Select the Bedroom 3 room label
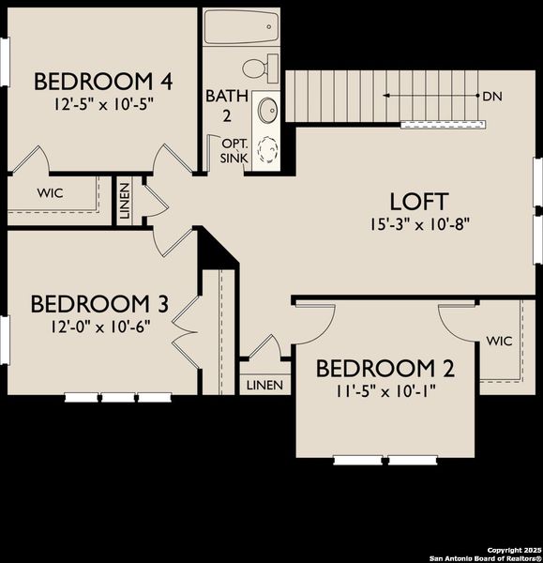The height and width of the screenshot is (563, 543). point(99,304)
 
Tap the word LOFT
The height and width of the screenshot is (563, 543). point(419,201)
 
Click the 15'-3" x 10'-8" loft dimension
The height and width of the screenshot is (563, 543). point(419,224)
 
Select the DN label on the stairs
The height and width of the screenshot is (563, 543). point(492,96)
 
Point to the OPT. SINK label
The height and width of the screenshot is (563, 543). point(233,151)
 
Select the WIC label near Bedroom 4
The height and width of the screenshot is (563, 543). point(50,193)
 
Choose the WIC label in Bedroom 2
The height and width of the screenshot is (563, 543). point(499,341)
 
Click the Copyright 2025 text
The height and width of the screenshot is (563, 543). point(514,549)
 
